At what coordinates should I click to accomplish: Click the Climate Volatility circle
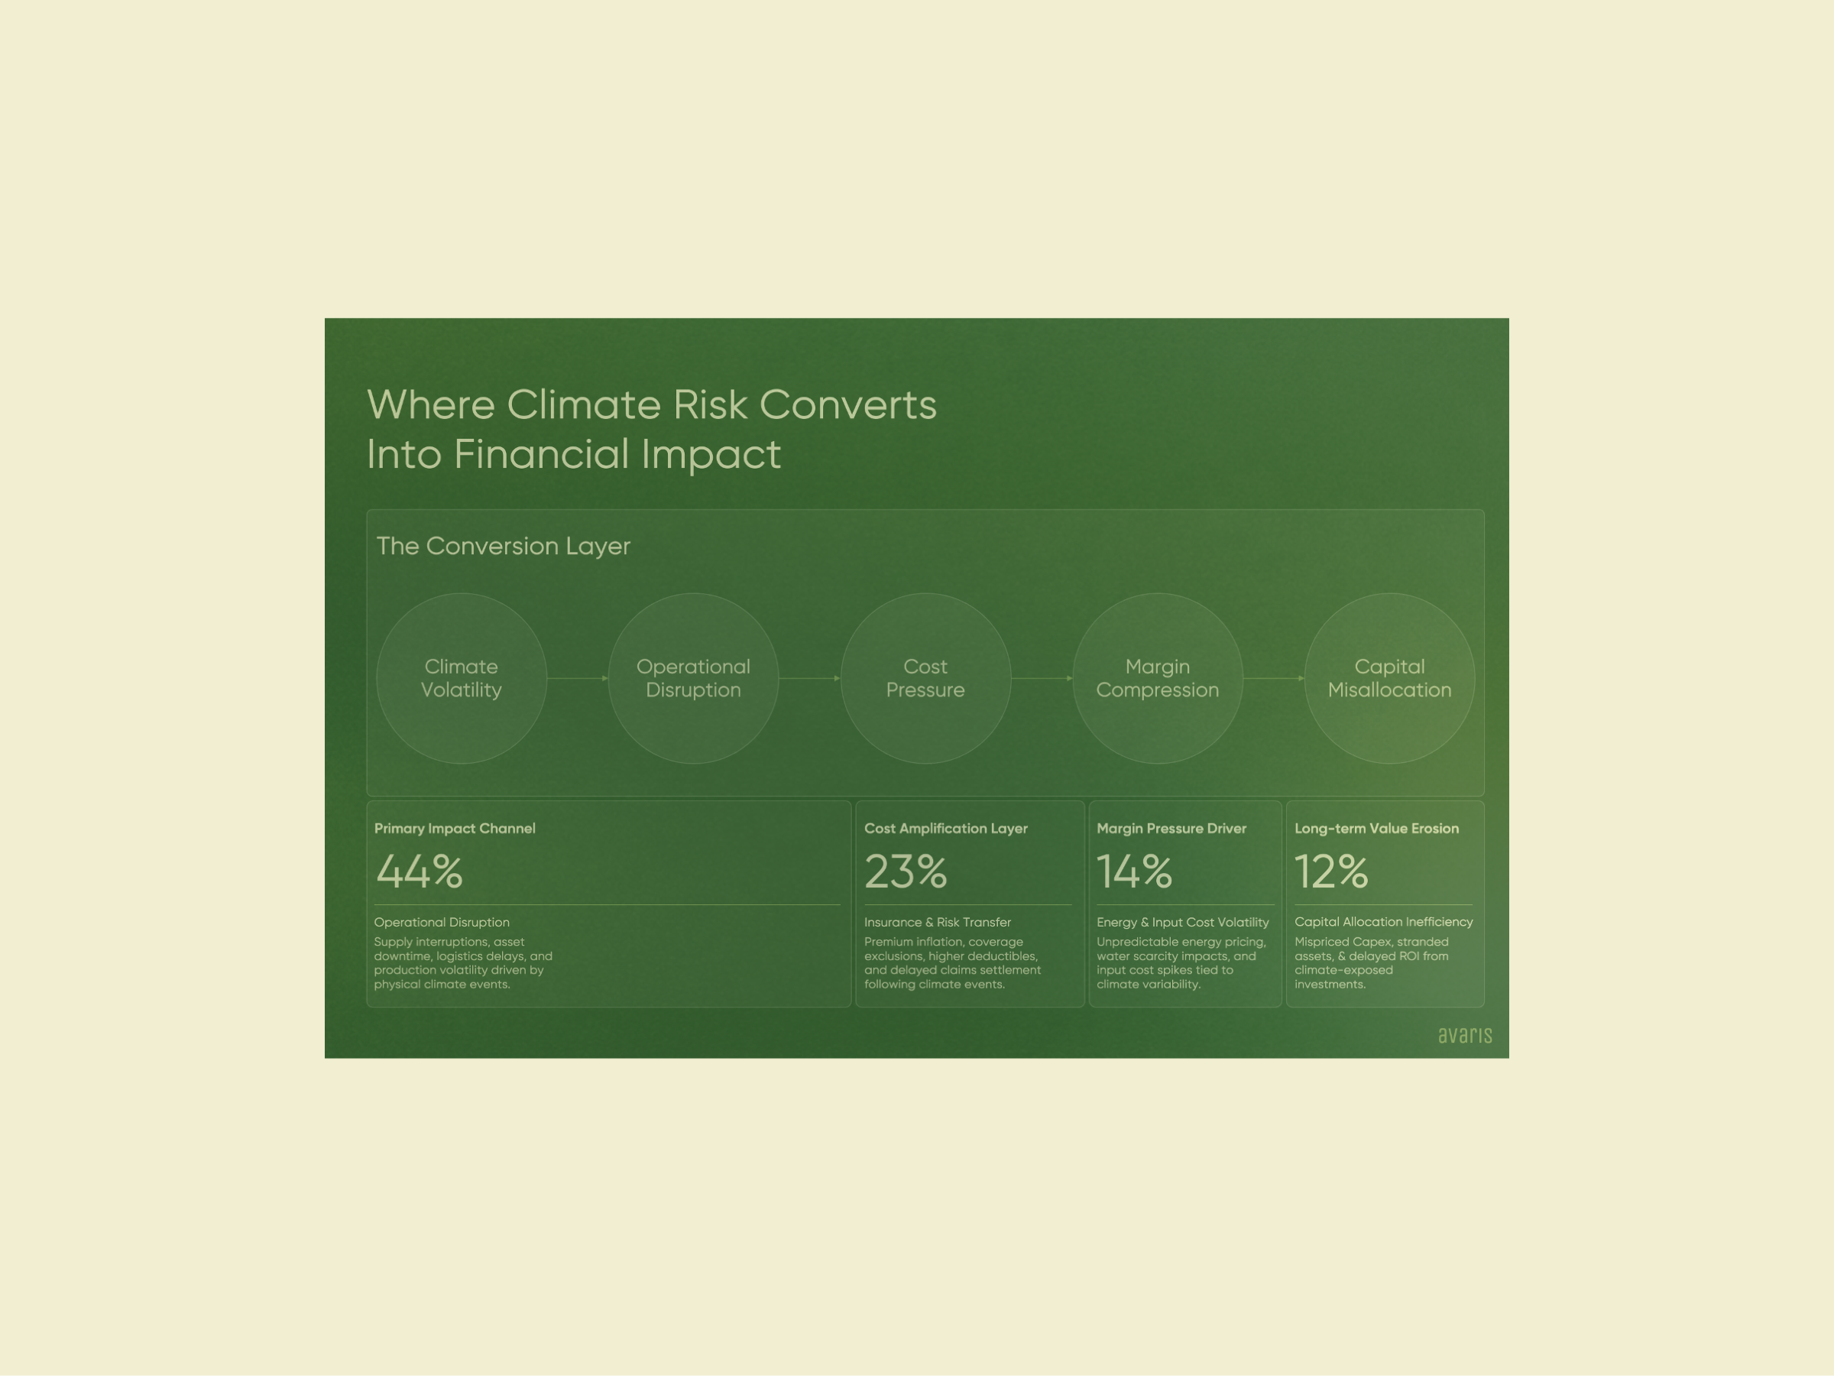pos(461,679)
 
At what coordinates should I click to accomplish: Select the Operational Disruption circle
pos(693,679)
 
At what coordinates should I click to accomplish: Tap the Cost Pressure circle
pos(925,679)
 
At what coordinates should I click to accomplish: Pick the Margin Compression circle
pos(1158,679)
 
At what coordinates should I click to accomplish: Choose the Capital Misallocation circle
pos(1389,679)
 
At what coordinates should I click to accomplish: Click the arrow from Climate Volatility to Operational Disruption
pos(578,679)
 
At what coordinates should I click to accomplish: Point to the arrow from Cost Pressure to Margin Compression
pos(1042,679)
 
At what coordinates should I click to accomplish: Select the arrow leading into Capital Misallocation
pos(1275,679)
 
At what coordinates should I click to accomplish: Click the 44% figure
pos(420,871)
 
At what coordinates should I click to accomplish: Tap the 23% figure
pos(906,871)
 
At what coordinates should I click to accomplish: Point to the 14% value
pos(1134,871)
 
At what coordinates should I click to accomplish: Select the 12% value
pos(1331,871)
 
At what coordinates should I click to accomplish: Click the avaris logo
pos(1465,1035)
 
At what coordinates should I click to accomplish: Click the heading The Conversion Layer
pos(504,546)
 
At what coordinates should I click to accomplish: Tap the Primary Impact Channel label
pos(455,829)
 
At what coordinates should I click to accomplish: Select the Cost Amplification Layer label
pos(946,829)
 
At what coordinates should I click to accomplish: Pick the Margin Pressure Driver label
pos(1171,829)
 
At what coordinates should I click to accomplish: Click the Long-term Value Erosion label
pos(1376,829)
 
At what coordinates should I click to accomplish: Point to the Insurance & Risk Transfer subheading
pos(938,923)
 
